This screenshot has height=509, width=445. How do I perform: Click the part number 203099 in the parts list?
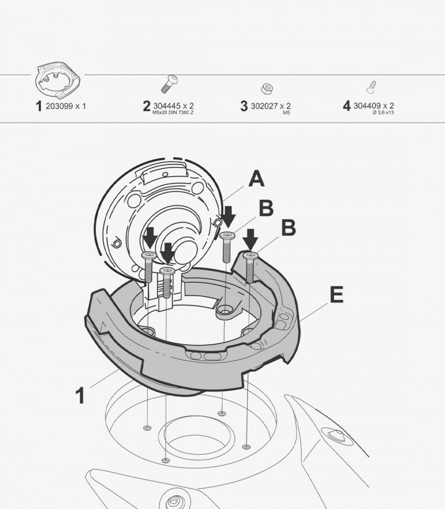59,106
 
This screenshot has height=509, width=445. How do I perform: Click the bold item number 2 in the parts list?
146,106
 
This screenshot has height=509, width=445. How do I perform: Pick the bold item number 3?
244,106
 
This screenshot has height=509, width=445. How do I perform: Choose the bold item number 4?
347,106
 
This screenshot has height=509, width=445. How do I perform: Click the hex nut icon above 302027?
266,88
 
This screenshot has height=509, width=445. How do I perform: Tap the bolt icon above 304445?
169,84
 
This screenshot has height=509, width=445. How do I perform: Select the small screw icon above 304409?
371,87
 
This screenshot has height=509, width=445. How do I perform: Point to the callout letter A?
256,179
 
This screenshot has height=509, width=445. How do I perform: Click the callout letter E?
337,295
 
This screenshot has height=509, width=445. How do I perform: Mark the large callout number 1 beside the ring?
80,395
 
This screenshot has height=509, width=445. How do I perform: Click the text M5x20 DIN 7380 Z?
173,113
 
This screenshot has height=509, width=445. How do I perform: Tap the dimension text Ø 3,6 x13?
383,113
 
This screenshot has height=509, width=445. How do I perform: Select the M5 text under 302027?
286,113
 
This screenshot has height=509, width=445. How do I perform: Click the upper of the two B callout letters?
266,208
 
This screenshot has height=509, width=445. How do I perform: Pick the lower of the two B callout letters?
289,228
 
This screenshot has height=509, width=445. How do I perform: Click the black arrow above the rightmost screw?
250,240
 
